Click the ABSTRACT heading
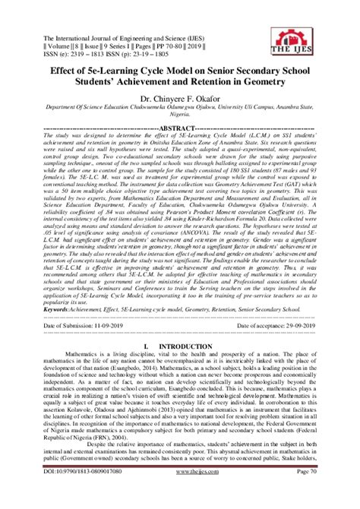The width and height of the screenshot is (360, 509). click(x=180, y=128)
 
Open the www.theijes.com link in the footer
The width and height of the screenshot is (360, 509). click(x=179, y=493)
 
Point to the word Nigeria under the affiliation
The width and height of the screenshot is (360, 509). click(x=180, y=117)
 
